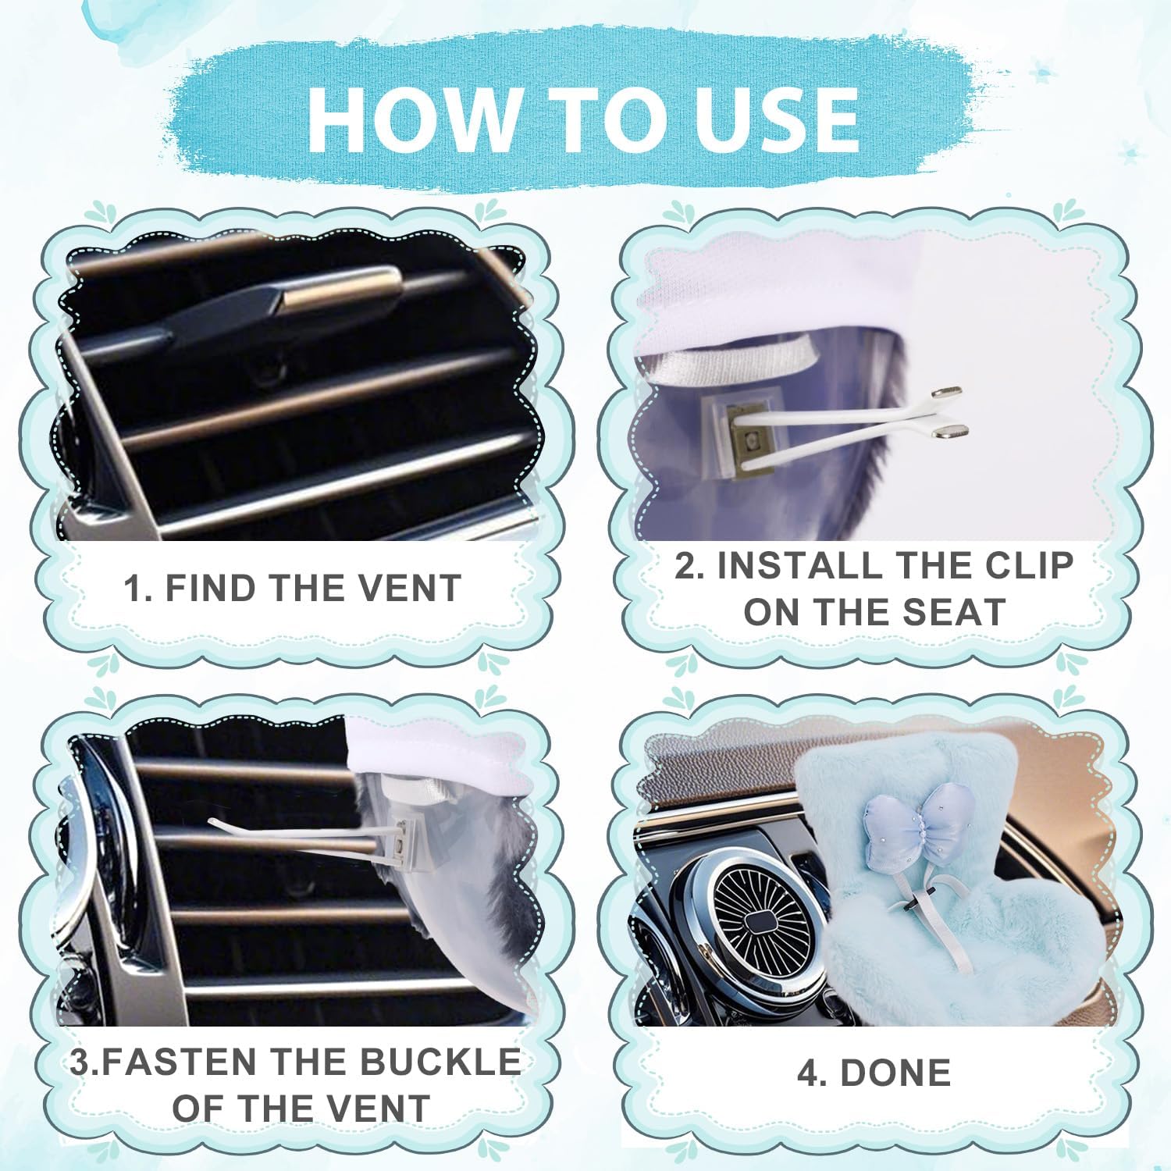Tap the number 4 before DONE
(810, 1073)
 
